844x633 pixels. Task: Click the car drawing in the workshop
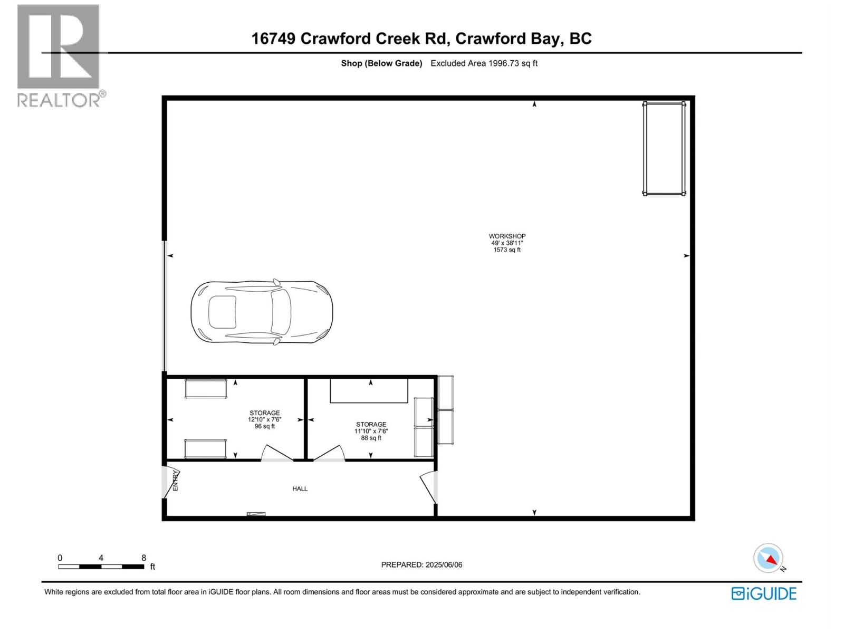pyautogui.click(x=262, y=312)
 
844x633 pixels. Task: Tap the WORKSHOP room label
pyautogui.click(x=507, y=236)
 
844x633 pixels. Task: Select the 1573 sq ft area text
pyautogui.click(x=507, y=250)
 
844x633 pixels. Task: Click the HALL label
pyautogui.click(x=300, y=489)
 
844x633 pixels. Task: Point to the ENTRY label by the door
pyautogui.click(x=176, y=481)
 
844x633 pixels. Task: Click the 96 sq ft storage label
pyautogui.click(x=265, y=426)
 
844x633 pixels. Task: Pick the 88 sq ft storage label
pyautogui.click(x=371, y=438)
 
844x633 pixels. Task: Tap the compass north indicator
pyautogui.click(x=769, y=558)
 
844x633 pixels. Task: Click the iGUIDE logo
pyautogui.click(x=764, y=593)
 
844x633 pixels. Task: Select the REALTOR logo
pyautogui.click(x=59, y=56)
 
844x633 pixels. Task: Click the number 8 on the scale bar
pyautogui.click(x=143, y=558)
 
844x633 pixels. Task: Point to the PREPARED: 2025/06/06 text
pyautogui.click(x=421, y=564)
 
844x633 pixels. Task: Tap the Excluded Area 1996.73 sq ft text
pyautogui.click(x=484, y=63)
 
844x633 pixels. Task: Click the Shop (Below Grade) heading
pyautogui.click(x=381, y=63)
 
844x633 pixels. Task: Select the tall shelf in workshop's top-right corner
pyautogui.click(x=664, y=149)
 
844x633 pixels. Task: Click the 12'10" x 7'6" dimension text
pyautogui.click(x=265, y=420)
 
